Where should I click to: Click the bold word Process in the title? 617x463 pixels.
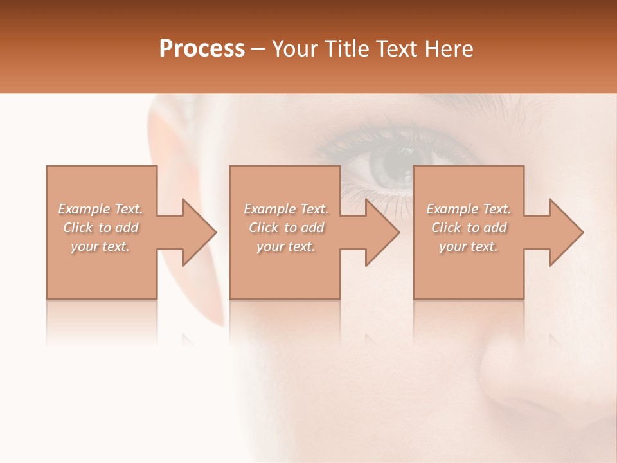pyautogui.click(x=202, y=49)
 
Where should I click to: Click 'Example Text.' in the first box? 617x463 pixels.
pyautogui.click(x=101, y=209)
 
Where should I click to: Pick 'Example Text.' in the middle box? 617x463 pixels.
pyautogui.click(x=286, y=209)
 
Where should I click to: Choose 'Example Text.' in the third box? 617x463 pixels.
pyautogui.click(x=469, y=209)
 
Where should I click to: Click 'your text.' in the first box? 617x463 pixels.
pyautogui.click(x=100, y=246)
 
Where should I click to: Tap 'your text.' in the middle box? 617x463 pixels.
pyautogui.click(x=286, y=246)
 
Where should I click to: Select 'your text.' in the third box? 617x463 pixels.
pyautogui.click(x=469, y=246)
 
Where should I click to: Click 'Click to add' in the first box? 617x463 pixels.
pyautogui.click(x=101, y=228)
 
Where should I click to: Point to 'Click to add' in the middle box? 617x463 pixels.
pyautogui.click(x=286, y=228)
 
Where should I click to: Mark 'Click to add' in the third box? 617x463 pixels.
pyautogui.click(x=469, y=228)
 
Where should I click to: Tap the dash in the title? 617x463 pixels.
pyautogui.click(x=258, y=50)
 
